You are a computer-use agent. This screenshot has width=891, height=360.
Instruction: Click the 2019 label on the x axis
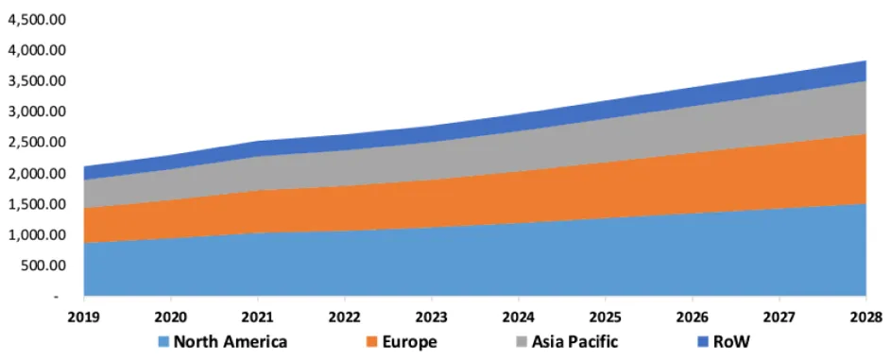click(84, 316)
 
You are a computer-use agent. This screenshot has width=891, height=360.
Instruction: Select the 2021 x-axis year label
click(258, 316)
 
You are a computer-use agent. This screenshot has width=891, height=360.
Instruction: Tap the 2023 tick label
click(432, 316)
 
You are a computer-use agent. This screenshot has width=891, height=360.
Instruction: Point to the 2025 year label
click(606, 316)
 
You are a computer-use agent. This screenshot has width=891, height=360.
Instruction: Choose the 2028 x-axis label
click(866, 316)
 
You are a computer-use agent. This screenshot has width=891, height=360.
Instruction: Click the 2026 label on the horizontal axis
click(693, 316)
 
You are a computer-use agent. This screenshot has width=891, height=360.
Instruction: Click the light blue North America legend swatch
click(163, 342)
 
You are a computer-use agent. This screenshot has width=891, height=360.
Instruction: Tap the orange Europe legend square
click(371, 342)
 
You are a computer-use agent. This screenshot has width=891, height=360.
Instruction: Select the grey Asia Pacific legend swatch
click(521, 342)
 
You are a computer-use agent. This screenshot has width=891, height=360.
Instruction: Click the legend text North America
click(231, 342)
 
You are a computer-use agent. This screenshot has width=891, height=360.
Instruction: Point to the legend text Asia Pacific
click(574, 342)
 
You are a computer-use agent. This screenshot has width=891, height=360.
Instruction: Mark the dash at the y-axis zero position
click(56, 297)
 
